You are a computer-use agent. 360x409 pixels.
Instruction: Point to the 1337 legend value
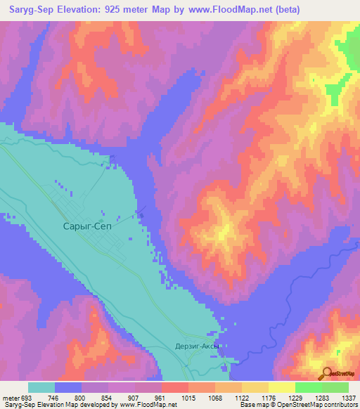pos(349,397)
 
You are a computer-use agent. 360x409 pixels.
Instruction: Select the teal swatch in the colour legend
pos(41,387)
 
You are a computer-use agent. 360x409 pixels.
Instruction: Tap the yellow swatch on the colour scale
pos(281,387)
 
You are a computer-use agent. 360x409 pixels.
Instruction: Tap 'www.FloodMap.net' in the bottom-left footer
pos(148,405)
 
